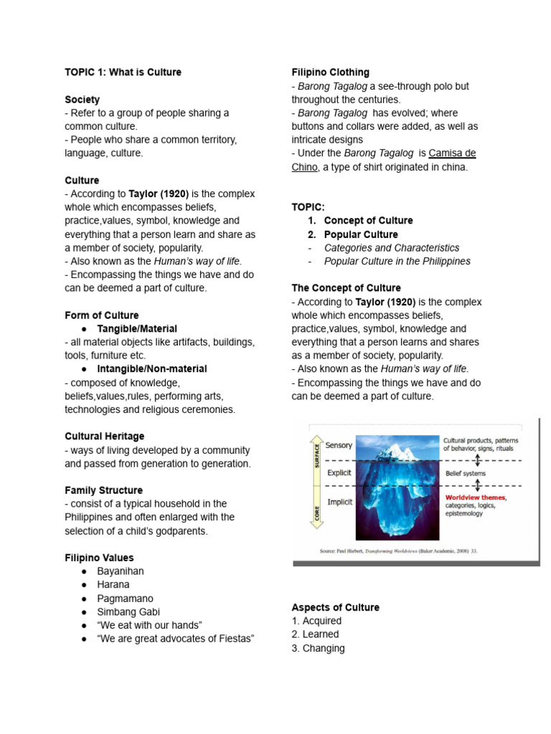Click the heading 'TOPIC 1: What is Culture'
123,72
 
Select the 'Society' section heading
82,100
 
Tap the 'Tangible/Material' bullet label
137,328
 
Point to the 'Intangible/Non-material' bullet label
152,368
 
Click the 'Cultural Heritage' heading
104,436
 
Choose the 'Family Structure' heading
103,490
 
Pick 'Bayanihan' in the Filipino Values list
121,571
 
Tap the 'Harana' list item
113,584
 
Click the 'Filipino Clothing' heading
330,72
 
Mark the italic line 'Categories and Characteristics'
392,247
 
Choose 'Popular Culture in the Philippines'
397,261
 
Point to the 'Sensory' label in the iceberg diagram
339,445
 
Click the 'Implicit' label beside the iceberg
340,502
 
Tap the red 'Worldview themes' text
475,497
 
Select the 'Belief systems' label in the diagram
465,473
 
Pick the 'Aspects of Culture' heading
335,607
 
